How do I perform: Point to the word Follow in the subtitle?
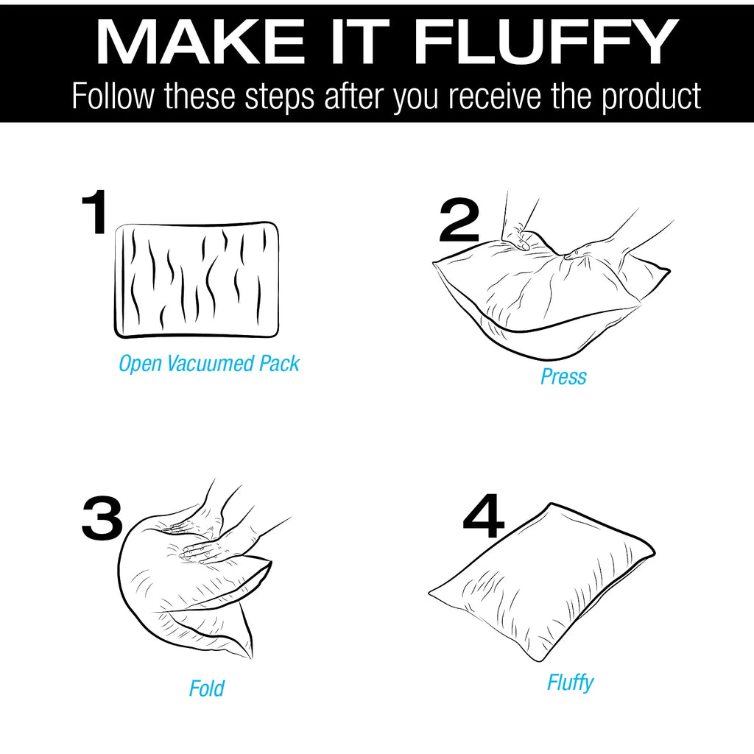click(x=113, y=96)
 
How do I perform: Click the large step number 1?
click(x=94, y=211)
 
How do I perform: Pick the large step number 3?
click(x=102, y=519)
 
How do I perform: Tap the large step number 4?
click(x=483, y=515)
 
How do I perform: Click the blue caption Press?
click(x=563, y=376)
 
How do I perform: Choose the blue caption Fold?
click(x=206, y=688)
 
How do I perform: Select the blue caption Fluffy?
click(x=571, y=683)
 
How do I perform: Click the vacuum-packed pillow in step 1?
click(x=197, y=280)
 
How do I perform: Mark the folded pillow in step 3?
click(x=192, y=582)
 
